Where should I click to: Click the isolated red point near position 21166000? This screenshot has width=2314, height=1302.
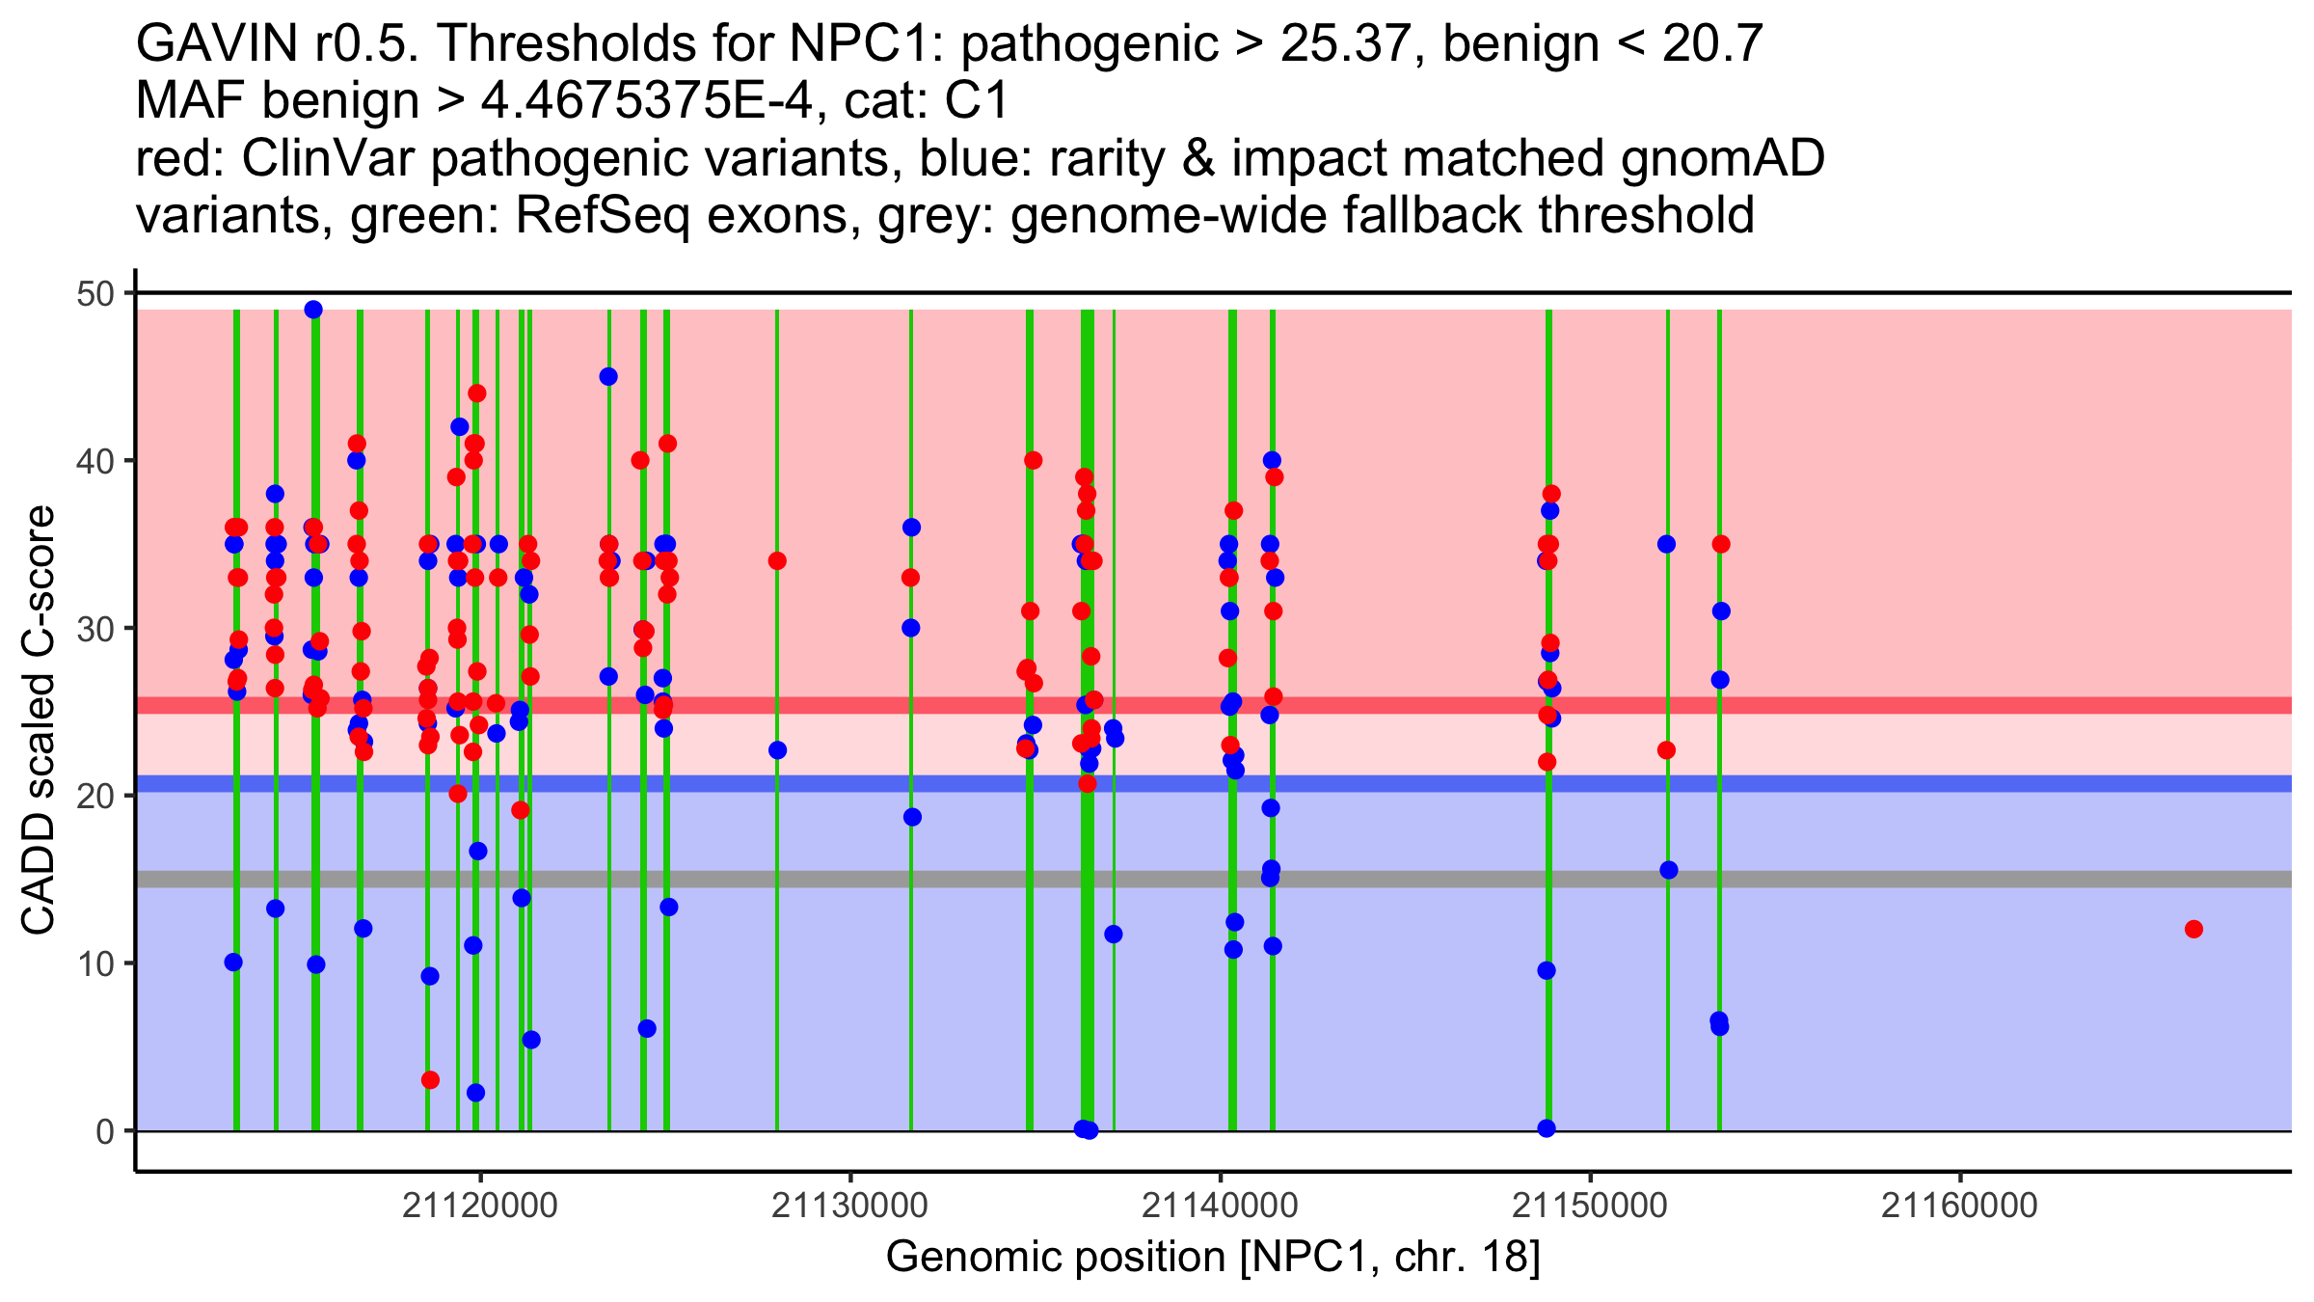point(2193,930)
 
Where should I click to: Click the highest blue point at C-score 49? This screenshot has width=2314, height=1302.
point(313,310)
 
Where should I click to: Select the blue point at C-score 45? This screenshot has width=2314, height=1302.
point(608,377)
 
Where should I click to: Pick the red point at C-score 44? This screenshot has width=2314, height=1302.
point(477,393)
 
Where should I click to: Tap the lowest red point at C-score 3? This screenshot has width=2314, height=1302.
point(430,1080)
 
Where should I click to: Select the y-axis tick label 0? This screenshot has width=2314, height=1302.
point(104,1131)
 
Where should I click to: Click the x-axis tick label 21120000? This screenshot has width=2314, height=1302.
point(480,1206)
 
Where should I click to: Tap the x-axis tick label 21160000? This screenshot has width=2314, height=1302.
point(1959,1206)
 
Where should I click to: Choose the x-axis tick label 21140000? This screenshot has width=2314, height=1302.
point(1220,1206)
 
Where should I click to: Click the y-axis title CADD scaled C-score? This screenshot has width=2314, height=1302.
point(39,720)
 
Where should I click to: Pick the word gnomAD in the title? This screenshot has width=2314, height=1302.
point(1722,158)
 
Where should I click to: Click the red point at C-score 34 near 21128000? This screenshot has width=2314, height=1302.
point(777,561)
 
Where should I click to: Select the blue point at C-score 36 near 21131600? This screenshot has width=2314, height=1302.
point(911,528)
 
